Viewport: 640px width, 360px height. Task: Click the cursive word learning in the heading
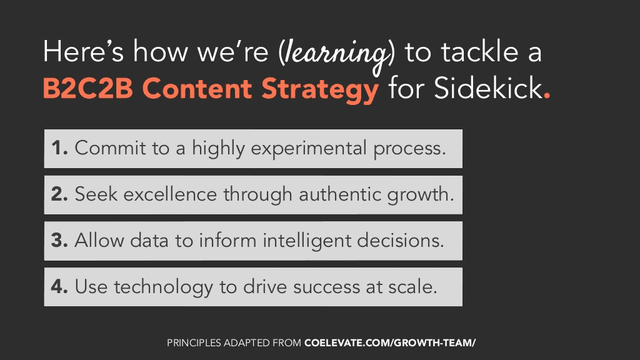[x=336, y=56]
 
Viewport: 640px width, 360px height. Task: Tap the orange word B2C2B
[x=88, y=88]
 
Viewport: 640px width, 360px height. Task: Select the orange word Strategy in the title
[x=320, y=91]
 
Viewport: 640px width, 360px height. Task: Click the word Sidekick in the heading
[x=488, y=88]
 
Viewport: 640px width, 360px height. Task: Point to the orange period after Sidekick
[x=547, y=96]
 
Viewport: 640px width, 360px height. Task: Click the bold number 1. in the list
[x=59, y=147]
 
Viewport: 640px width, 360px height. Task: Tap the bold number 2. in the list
[x=59, y=194]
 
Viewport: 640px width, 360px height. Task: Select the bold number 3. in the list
[x=59, y=240]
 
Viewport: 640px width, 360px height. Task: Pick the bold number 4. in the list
[x=59, y=286]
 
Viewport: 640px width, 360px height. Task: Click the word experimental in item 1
[x=309, y=149]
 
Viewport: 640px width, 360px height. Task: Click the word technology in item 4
[x=163, y=288]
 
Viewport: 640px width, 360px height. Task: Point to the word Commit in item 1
[x=110, y=147]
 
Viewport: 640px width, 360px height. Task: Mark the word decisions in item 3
[x=401, y=240]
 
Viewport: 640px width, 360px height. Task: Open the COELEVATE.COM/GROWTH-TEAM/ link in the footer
[x=390, y=343]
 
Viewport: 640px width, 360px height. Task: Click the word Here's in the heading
[x=83, y=51]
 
